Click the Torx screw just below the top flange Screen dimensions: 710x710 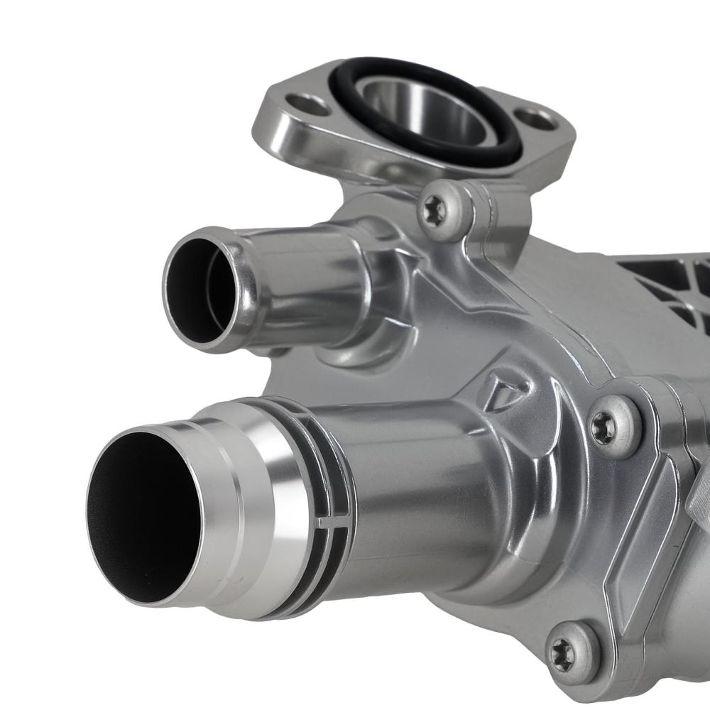[x=434, y=211]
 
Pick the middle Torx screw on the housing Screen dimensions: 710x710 [x=604, y=429]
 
